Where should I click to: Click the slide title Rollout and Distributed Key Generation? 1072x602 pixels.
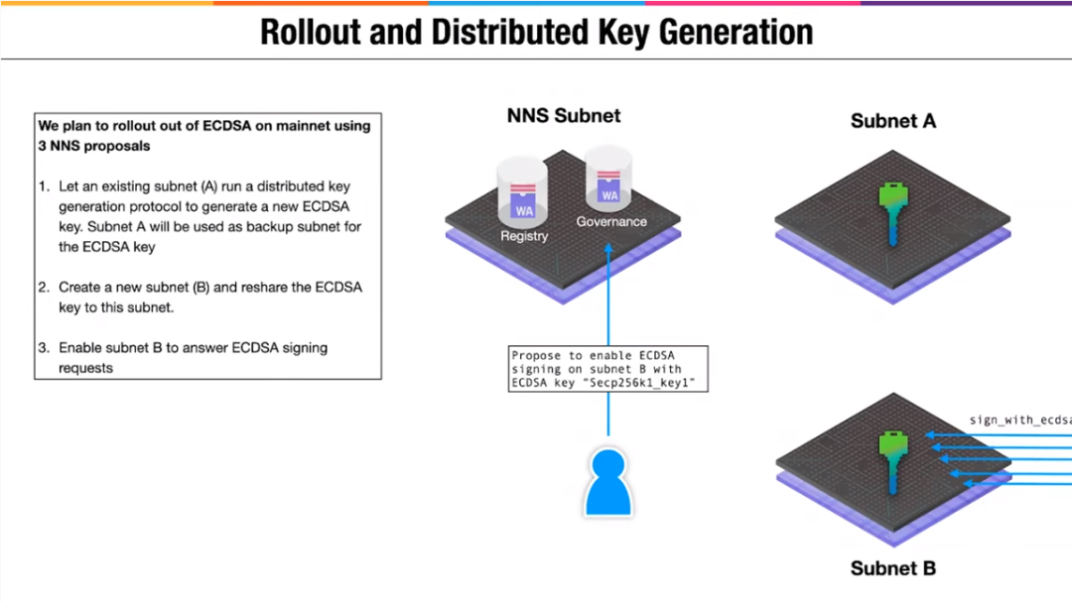(x=536, y=32)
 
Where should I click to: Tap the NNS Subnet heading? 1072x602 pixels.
(x=563, y=116)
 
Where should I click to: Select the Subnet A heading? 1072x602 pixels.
(x=892, y=122)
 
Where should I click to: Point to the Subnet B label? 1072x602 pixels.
(x=892, y=568)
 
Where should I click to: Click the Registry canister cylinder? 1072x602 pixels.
(x=523, y=192)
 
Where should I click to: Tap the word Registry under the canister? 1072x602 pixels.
(x=523, y=236)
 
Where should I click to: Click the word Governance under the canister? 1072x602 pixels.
(x=611, y=222)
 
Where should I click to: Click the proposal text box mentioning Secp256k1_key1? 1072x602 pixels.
(x=607, y=369)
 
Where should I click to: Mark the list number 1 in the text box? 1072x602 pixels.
(x=43, y=186)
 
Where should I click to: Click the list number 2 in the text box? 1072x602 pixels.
(x=43, y=288)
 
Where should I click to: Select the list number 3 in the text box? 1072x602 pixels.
(x=43, y=348)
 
